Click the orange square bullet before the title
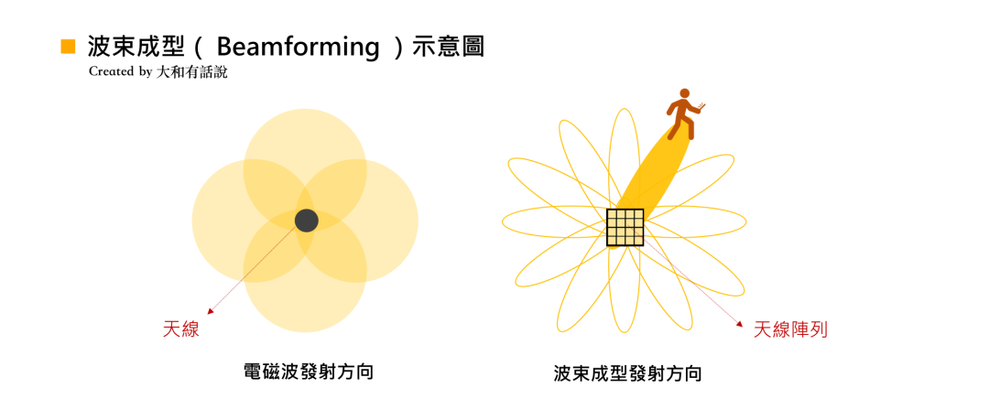[67, 47]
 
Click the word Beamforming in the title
[298, 47]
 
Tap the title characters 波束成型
[138, 47]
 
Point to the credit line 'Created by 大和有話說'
[158, 71]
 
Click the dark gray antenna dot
[307, 221]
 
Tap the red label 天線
[180, 329]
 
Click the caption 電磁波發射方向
[308, 372]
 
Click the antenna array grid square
[625, 228]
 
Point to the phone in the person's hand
[701, 106]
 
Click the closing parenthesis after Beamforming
[397, 47]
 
